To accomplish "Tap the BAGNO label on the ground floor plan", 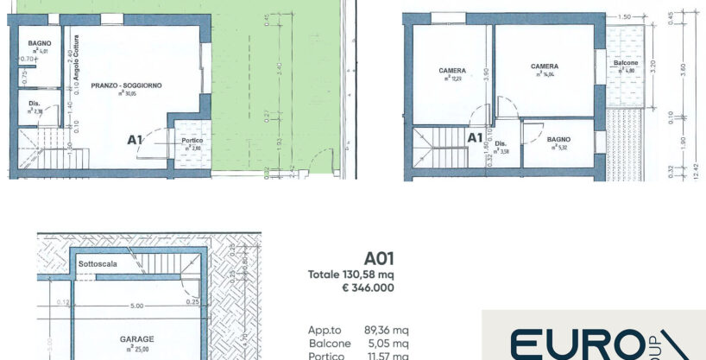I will click(38, 43).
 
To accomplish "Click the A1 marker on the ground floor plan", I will click(135, 139).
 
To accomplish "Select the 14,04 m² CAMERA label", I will click(545, 66).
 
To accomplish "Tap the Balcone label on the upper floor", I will click(625, 63).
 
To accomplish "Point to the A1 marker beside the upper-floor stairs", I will click(475, 136).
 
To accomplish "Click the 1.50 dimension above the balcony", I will click(625, 16).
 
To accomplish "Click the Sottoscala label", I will click(97, 262).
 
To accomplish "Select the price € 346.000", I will click(369, 287).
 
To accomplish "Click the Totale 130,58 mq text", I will click(351, 275).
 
